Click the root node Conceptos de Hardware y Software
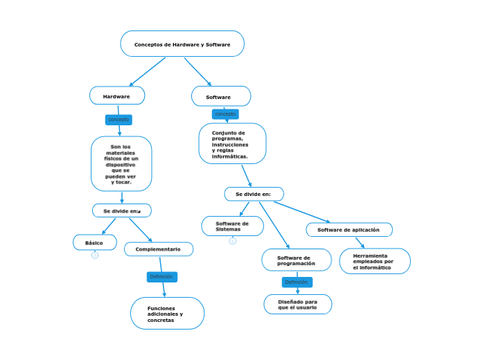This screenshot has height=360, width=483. (x=182, y=44)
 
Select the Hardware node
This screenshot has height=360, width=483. (x=117, y=96)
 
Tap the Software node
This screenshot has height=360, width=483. (x=221, y=96)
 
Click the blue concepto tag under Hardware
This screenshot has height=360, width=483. (x=118, y=120)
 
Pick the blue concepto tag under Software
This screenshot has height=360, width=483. (x=225, y=114)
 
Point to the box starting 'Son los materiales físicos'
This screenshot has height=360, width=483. (x=121, y=163)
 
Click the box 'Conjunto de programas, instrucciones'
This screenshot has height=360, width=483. (x=232, y=143)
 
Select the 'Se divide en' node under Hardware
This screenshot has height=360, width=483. (x=122, y=210)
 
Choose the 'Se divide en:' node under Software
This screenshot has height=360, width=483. (x=254, y=194)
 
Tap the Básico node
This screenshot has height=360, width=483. (x=95, y=242)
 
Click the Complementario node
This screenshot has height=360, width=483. (x=159, y=249)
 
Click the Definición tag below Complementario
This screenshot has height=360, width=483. (x=161, y=277)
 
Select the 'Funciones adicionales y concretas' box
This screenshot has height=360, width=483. (x=167, y=314)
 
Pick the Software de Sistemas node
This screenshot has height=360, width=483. (x=232, y=226)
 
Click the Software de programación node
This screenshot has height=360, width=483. (x=297, y=260)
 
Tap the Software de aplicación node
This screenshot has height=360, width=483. (x=349, y=229)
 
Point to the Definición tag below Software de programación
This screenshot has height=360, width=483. (x=297, y=282)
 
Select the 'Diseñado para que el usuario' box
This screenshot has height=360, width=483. (x=298, y=304)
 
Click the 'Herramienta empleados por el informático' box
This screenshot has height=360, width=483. (x=374, y=261)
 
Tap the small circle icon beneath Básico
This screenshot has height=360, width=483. (x=95, y=255)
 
